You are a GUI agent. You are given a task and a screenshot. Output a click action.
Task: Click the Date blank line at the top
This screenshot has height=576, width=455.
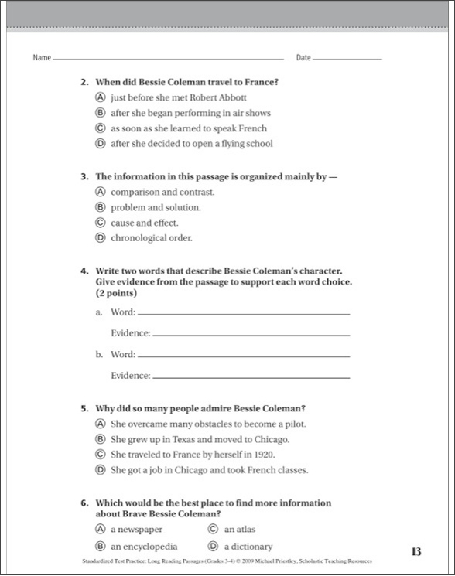click(x=347, y=59)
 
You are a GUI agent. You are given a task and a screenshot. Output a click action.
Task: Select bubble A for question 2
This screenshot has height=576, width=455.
click(x=101, y=98)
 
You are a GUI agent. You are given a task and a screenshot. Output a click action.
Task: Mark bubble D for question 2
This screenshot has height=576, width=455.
click(x=101, y=143)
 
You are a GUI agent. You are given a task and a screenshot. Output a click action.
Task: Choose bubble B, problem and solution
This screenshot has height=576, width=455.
click(x=101, y=207)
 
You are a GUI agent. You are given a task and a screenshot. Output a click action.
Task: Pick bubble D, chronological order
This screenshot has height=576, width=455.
click(x=101, y=238)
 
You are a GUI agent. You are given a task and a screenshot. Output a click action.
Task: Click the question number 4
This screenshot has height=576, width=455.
click(x=84, y=271)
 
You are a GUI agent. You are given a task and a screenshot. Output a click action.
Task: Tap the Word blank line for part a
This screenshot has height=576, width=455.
click(x=243, y=313)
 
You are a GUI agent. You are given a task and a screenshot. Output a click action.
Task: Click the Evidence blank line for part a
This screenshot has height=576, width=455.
click(x=251, y=334)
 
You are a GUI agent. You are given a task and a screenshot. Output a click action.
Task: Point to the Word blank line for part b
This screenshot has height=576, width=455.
click(x=243, y=355)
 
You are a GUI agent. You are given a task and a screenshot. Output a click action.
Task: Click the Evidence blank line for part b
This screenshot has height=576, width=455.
click(x=251, y=376)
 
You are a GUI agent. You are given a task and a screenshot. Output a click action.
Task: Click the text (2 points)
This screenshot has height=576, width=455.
click(x=116, y=294)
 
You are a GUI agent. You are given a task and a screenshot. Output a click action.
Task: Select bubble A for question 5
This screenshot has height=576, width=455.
click(x=101, y=424)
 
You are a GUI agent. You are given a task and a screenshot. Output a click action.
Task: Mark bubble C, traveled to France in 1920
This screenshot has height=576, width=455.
click(x=101, y=455)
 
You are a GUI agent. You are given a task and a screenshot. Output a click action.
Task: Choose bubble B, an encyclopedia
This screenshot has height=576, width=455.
click(x=101, y=547)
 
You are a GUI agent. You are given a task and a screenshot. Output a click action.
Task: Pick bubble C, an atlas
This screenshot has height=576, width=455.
click(x=214, y=530)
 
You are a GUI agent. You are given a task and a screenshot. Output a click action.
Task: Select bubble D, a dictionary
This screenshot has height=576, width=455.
click(x=214, y=547)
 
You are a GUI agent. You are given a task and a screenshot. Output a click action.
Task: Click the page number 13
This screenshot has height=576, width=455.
click(x=416, y=552)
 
